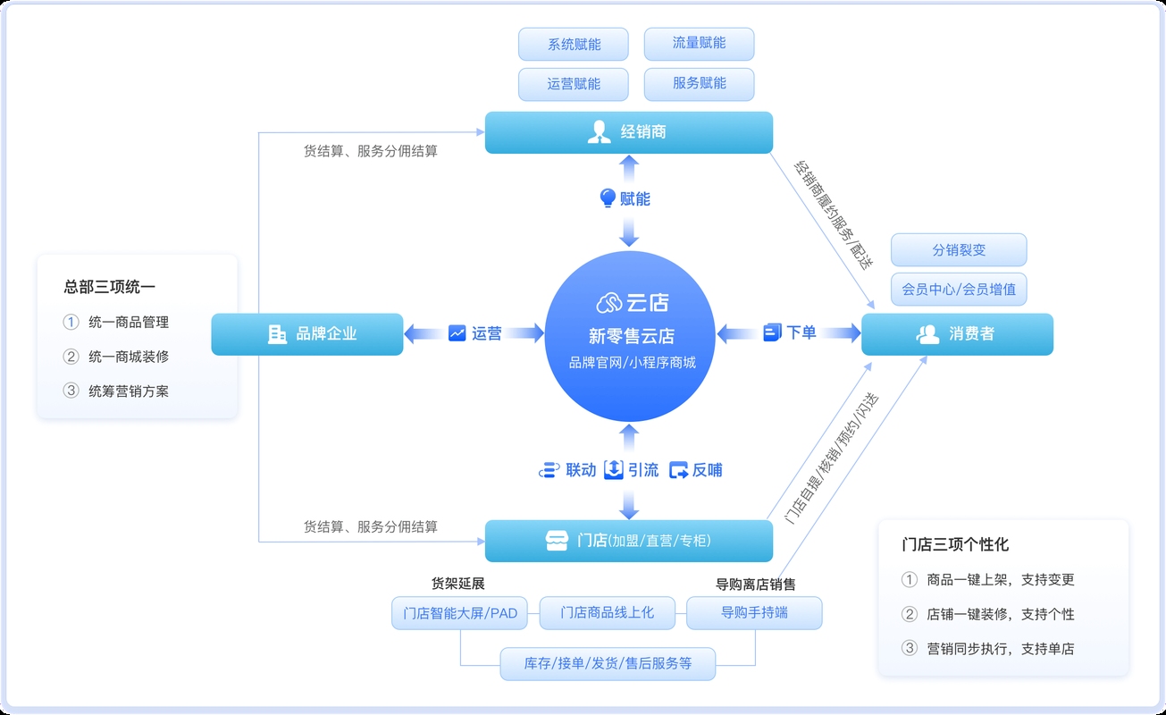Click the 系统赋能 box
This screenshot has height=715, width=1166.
(x=574, y=44)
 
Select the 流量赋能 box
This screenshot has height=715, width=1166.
(x=699, y=43)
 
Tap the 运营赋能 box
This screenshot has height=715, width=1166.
(x=574, y=84)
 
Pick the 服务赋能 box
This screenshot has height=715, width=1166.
(x=699, y=83)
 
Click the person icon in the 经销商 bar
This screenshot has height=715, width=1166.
(x=599, y=132)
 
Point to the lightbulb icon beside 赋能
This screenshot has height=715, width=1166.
(x=608, y=198)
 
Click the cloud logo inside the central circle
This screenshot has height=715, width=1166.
(x=609, y=303)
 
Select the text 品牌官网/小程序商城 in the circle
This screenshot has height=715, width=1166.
(x=631, y=363)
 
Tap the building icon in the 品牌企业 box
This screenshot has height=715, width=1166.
(x=277, y=333)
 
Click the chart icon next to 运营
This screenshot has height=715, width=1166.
(x=457, y=333)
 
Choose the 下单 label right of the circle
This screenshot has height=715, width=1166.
(x=801, y=332)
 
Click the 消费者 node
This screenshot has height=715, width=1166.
(x=957, y=334)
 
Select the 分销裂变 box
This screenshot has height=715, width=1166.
(x=959, y=250)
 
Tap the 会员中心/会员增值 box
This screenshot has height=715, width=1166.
(x=959, y=290)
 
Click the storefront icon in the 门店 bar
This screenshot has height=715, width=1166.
(x=557, y=541)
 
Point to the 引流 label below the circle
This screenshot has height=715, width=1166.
(x=642, y=469)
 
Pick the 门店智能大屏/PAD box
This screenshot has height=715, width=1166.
(x=460, y=613)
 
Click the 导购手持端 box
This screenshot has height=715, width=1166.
(x=754, y=613)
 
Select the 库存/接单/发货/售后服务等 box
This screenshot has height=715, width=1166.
(x=608, y=664)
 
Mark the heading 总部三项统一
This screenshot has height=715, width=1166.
(x=109, y=287)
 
